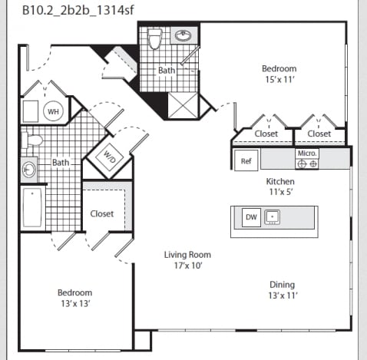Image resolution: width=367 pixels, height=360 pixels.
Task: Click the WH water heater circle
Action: (53, 111)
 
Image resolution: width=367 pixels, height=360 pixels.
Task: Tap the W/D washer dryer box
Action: (109, 157)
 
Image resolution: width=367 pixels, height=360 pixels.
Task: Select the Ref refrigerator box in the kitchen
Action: (246, 160)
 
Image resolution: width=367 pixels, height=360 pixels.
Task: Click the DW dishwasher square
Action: (251, 217)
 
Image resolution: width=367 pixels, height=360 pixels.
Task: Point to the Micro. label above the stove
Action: (307, 154)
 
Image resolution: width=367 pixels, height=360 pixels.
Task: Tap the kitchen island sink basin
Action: (272, 217)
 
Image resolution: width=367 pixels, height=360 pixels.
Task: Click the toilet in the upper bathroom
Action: (155, 38)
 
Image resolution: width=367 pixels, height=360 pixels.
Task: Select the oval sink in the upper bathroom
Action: (183, 35)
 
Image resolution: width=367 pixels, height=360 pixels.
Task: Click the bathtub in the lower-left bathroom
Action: (32, 207)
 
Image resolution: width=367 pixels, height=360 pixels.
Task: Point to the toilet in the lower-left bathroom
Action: (32, 140)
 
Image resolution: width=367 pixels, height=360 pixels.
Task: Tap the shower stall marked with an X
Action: (183, 105)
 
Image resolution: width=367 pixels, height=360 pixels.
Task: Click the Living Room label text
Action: (187, 255)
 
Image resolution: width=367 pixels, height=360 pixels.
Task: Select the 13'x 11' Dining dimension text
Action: (283, 296)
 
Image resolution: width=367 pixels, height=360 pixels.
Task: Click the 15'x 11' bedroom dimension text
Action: (279, 80)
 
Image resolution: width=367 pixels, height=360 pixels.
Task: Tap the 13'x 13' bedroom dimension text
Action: (75, 304)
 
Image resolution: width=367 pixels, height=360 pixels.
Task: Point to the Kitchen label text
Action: (280, 181)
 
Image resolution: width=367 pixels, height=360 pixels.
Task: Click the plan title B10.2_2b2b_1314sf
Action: (78, 11)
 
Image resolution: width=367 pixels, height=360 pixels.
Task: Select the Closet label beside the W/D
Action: (102, 213)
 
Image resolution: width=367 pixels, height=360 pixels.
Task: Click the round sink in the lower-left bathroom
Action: (28, 170)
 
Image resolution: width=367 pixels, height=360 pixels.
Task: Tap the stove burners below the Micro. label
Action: (307, 163)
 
